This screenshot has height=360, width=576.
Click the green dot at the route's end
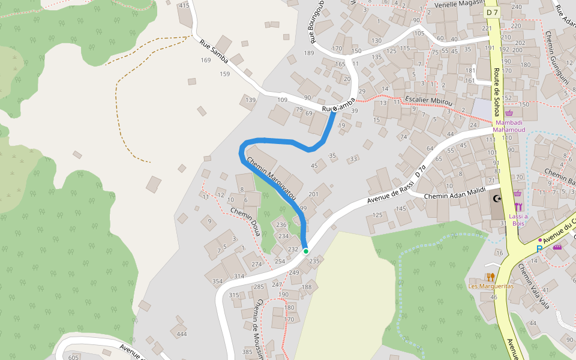click(x=305, y=251)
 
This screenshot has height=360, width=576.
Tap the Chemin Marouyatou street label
click(x=272, y=178)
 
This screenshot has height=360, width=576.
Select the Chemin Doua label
click(x=245, y=221)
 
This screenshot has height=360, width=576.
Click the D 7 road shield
click(x=493, y=12)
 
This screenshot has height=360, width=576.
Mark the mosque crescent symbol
click(x=496, y=198)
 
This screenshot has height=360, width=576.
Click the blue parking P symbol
click(x=539, y=249)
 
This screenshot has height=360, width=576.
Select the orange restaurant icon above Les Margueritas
click(x=490, y=277)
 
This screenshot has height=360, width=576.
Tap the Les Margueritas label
click(x=491, y=286)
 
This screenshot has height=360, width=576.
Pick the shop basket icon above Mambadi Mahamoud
click(x=509, y=112)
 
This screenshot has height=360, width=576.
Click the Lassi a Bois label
click(x=518, y=220)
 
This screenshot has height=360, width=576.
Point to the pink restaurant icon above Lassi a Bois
click(x=518, y=207)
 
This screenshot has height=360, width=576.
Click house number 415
click(x=184, y=5)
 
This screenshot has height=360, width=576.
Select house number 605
click(x=74, y=358)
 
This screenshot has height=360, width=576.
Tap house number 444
click(x=181, y=334)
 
